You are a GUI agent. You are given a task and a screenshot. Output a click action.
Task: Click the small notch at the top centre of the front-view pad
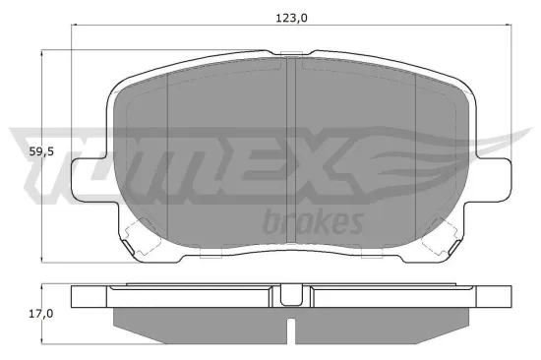(x=290, y=55)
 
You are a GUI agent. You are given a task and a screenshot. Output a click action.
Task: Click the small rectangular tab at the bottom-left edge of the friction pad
(x=209, y=255)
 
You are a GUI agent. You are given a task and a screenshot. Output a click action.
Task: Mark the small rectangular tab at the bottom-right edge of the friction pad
(x=373, y=255)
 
